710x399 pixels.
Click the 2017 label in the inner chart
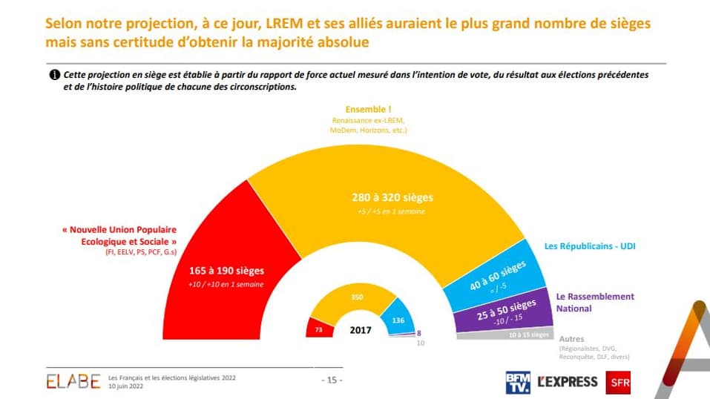(361, 330)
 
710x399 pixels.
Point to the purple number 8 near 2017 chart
(419, 334)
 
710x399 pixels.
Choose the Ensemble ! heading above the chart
(368, 110)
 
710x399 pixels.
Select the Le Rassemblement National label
(595, 302)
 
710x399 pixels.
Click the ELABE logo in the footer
(73, 381)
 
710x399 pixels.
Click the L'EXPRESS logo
(567, 381)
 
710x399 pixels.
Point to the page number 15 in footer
(331, 380)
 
